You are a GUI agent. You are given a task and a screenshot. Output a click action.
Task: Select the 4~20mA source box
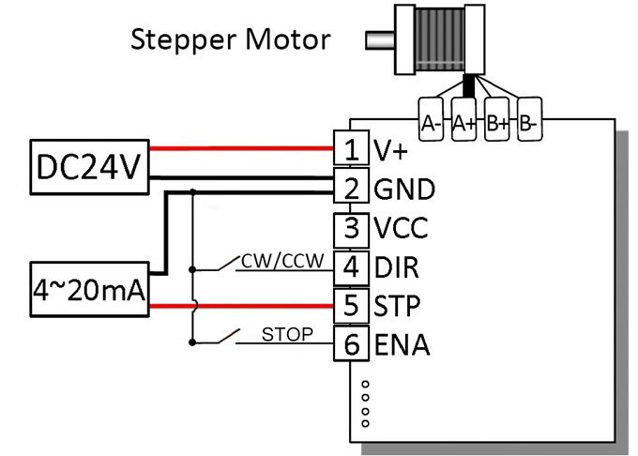(88, 293)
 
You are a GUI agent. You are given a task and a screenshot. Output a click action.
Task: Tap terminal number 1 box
(351, 149)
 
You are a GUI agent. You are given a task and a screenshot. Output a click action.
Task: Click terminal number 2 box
(351, 189)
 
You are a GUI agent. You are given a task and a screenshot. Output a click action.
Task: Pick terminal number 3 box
(351, 228)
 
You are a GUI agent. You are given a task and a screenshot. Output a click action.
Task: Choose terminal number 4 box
(351, 266)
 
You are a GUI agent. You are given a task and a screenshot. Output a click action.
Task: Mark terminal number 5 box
(351, 306)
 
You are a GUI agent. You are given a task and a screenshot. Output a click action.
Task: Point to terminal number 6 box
(351, 344)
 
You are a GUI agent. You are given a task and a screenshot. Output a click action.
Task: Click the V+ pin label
(388, 149)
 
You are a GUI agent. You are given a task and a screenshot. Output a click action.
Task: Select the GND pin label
(403, 189)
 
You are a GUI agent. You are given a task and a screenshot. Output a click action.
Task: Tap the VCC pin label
(402, 228)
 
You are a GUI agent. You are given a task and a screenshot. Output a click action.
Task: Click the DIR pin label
(396, 266)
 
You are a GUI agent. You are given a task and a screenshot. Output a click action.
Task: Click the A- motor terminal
(433, 122)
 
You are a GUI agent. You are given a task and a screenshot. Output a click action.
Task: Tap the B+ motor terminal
(497, 122)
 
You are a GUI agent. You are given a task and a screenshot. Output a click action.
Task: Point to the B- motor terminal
(530, 122)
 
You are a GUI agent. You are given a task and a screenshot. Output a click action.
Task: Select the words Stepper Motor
(231, 39)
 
